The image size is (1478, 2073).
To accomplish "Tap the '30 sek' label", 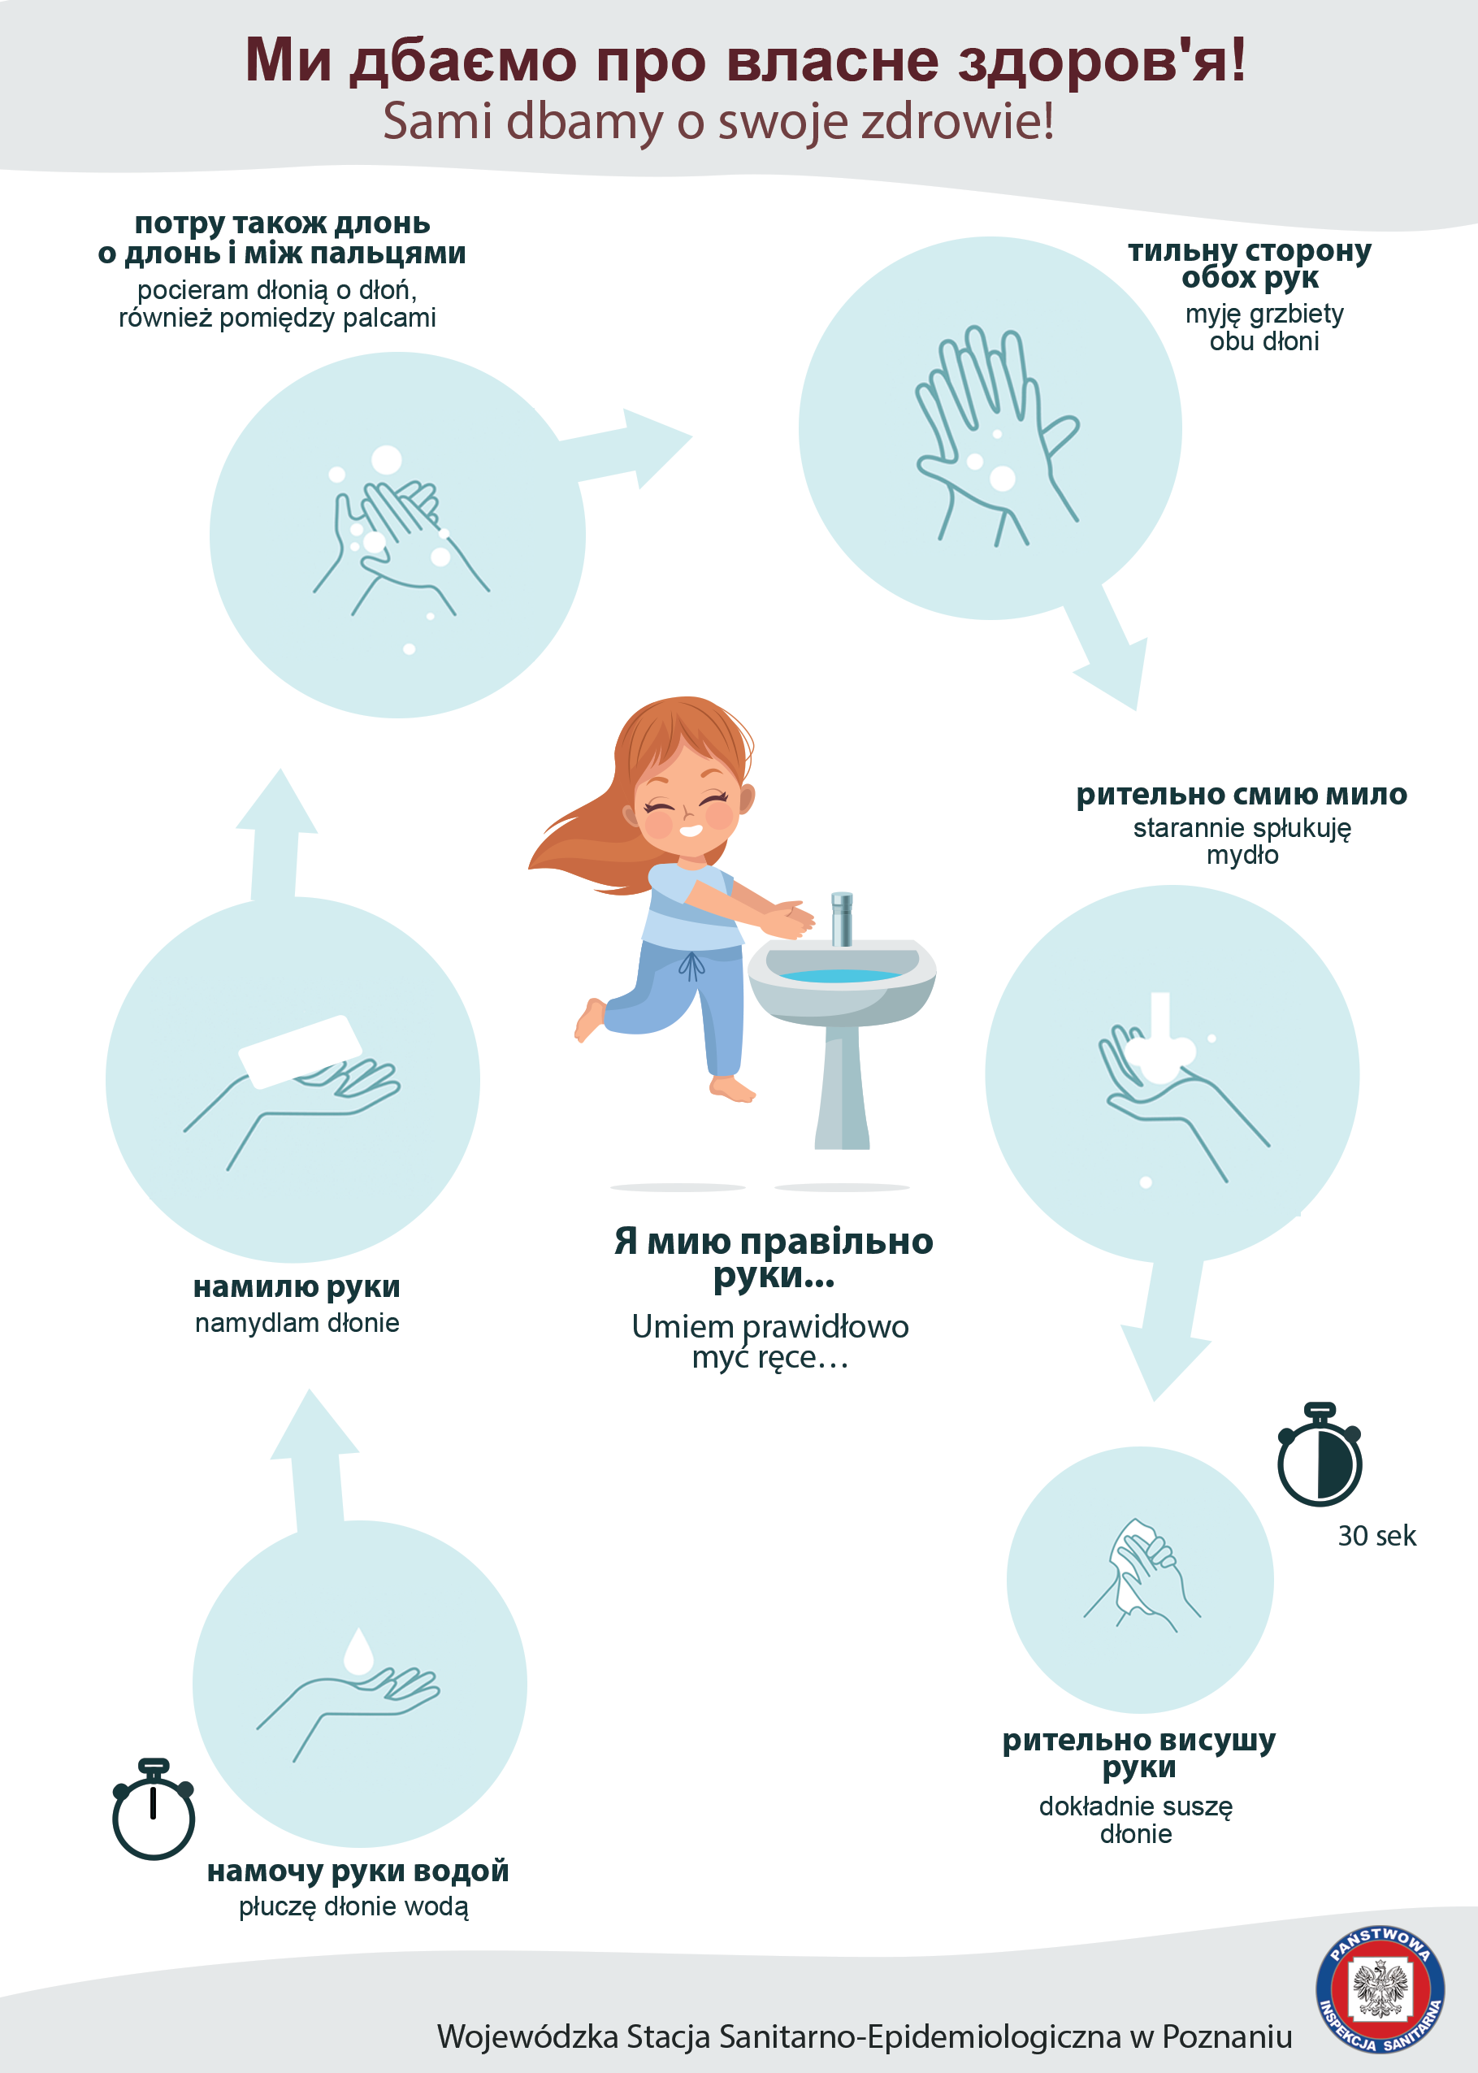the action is [1376, 1536].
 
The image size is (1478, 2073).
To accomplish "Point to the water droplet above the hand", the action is [358, 1650].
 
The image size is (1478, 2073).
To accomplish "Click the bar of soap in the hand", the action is [301, 1051].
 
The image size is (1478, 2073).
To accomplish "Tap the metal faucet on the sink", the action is [842, 918].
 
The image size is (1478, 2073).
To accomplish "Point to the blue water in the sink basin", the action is [841, 975].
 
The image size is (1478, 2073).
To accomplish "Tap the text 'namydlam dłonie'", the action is [297, 1322].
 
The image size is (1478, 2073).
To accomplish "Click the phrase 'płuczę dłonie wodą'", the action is [354, 1906].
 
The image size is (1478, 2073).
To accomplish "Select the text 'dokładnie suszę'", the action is [1136, 1806].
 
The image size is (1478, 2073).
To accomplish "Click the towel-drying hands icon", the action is [1142, 1574].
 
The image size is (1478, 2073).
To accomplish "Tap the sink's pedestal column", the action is [842, 1087].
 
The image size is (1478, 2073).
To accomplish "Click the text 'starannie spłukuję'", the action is [1242, 828].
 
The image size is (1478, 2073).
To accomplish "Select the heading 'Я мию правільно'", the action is [774, 1241].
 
